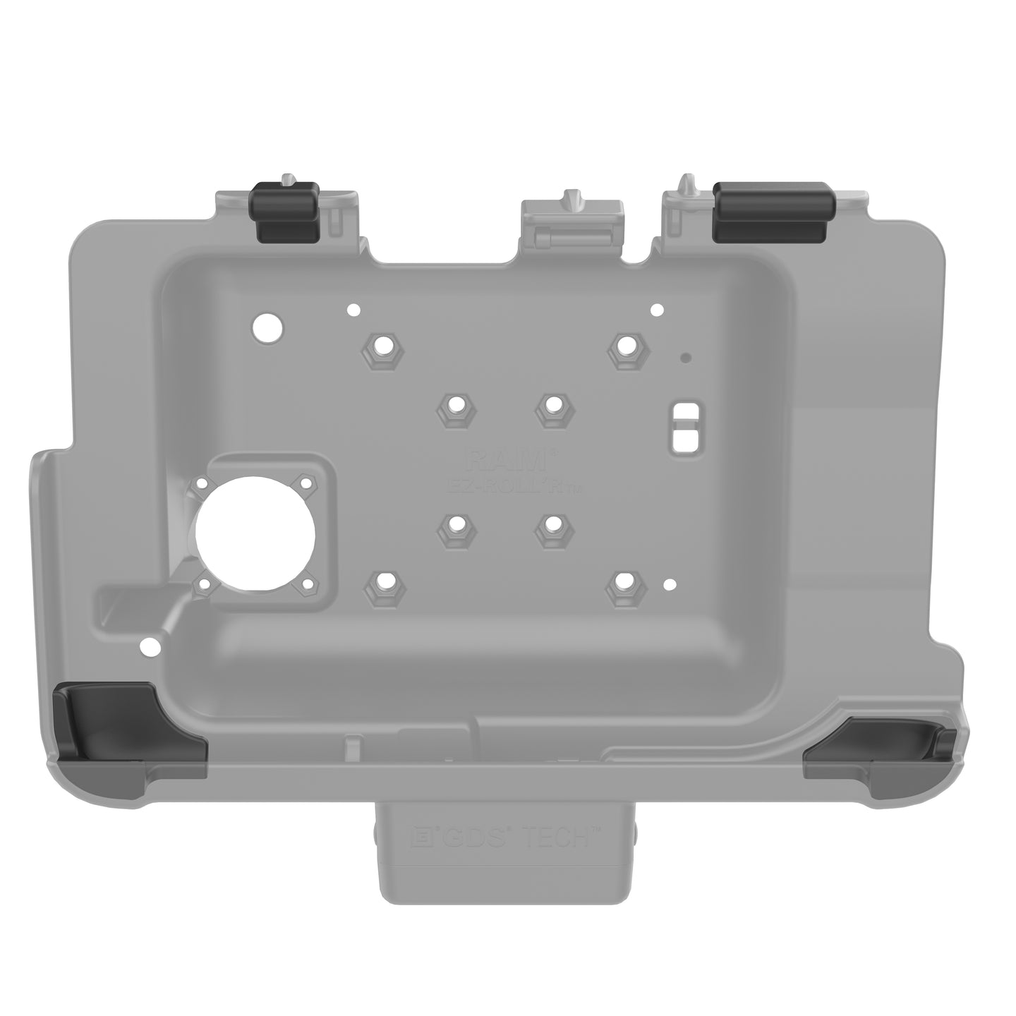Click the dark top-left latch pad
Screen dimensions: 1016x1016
click(286, 212)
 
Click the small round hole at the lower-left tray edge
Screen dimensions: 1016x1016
click(149, 645)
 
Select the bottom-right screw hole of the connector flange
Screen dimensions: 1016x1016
click(307, 583)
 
